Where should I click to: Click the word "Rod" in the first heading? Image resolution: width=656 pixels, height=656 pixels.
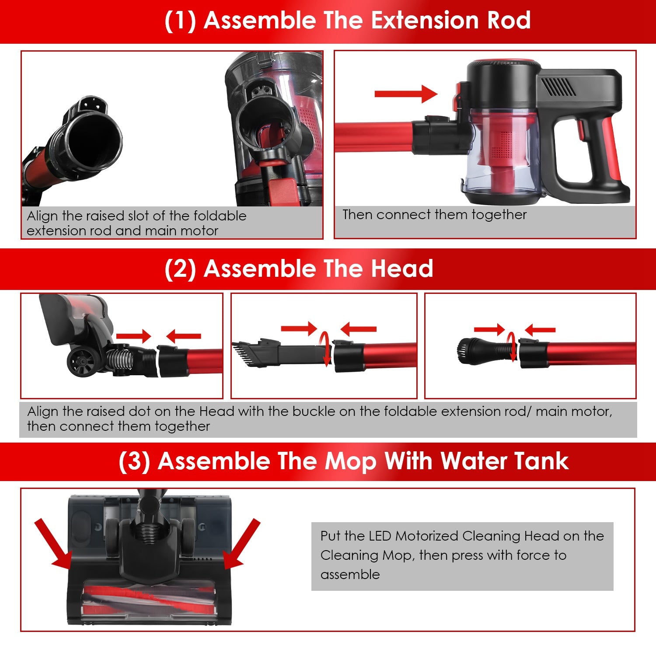(x=508, y=21)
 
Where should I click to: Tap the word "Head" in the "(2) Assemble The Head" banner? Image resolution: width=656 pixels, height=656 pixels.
(x=402, y=269)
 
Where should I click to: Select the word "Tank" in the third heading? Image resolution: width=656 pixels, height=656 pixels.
(x=541, y=461)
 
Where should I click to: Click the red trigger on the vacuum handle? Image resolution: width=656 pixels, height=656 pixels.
(x=581, y=130)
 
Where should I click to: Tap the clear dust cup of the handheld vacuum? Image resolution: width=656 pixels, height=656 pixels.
(x=503, y=153)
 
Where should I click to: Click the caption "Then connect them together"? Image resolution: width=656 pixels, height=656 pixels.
(x=434, y=215)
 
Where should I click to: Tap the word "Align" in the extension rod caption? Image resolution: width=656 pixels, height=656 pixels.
(x=42, y=216)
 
